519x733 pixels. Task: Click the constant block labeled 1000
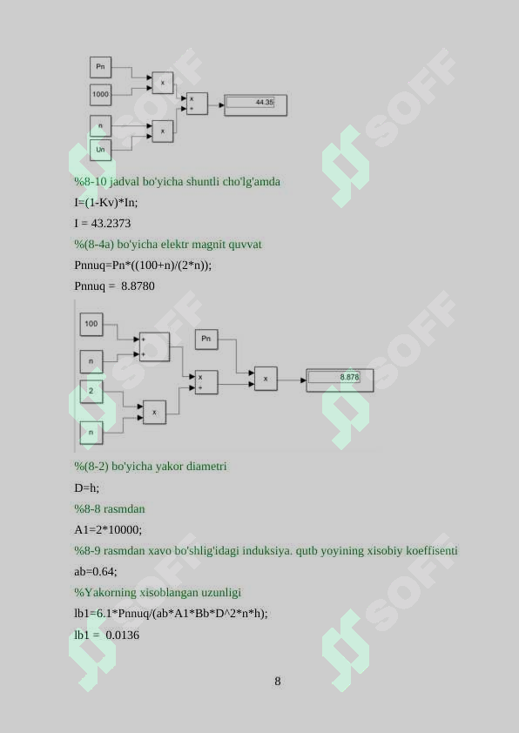(x=100, y=94)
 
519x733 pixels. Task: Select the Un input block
(x=100, y=150)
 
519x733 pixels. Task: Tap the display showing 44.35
(x=256, y=105)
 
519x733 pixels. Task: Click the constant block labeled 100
(x=91, y=325)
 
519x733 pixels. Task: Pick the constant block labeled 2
(x=91, y=391)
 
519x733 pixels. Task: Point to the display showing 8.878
(x=340, y=380)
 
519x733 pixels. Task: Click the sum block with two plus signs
(x=154, y=346)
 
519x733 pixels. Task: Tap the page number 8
(x=278, y=681)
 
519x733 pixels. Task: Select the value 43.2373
(x=111, y=224)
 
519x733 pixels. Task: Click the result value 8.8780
(x=138, y=286)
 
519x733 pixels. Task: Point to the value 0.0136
(x=123, y=635)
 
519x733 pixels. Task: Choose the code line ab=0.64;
(x=96, y=571)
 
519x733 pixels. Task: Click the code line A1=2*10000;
(x=108, y=529)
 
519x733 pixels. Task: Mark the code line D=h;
(x=86, y=488)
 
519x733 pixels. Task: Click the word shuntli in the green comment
(x=203, y=181)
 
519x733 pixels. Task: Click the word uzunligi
(x=221, y=593)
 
